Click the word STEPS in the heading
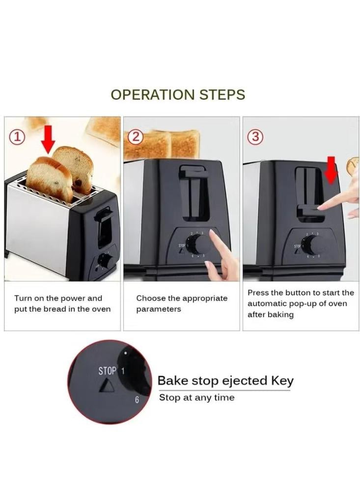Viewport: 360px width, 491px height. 222,95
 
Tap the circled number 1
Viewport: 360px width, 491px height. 18,137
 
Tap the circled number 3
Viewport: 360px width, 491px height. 255,137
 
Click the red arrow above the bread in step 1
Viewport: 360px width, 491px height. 48,139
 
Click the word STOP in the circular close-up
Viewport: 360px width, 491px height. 107,371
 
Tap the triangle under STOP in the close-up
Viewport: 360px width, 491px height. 108,386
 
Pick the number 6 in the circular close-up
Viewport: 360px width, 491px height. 137,400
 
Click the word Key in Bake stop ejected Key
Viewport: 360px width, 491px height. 282,381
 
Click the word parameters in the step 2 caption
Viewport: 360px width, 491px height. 159,309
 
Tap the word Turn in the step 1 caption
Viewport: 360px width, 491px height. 23,298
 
